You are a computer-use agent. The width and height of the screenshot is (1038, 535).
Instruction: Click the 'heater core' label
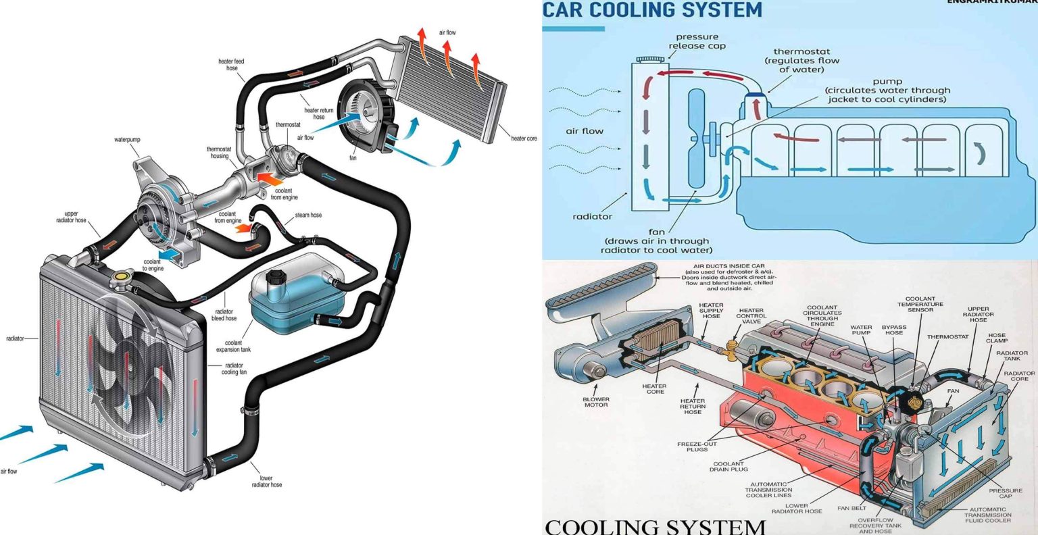tap(524, 138)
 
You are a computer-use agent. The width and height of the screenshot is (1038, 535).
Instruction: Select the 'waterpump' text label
tap(127, 140)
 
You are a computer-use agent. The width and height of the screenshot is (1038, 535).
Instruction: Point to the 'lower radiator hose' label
tap(266, 481)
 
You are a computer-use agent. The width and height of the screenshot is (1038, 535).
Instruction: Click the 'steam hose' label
tap(308, 215)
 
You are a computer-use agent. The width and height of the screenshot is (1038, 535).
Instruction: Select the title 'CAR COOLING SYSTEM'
tap(652, 10)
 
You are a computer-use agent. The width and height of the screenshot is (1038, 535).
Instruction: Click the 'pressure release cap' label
tap(697, 41)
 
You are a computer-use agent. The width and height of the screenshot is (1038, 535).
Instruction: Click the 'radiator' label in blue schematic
tap(592, 217)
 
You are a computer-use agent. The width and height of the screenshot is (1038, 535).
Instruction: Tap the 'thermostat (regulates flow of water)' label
tap(801, 60)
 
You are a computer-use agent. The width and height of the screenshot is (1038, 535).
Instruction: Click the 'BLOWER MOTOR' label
tap(595, 402)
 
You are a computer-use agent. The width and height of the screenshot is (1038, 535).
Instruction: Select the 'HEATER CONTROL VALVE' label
tap(751, 316)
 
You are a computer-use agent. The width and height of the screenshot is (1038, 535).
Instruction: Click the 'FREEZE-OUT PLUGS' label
tap(696, 447)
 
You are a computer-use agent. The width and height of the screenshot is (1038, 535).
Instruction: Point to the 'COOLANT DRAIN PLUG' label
tap(728, 466)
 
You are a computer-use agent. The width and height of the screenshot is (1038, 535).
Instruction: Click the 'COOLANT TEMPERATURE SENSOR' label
tap(920, 304)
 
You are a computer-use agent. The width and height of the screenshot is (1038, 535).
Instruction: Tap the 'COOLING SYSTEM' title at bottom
tap(655, 526)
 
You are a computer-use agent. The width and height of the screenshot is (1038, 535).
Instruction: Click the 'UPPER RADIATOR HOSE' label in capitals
tap(978, 314)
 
